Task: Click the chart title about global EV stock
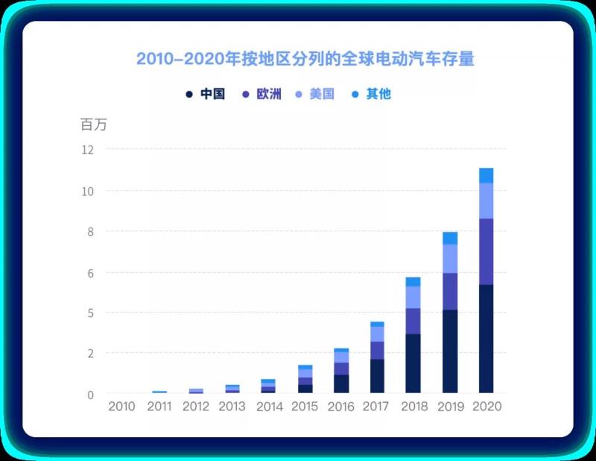[x=305, y=59]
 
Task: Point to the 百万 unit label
[x=94, y=125]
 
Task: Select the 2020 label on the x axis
[x=487, y=407]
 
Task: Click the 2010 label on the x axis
[x=122, y=407]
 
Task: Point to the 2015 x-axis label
[x=305, y=407]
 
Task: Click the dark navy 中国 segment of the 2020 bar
[x=486, y=339]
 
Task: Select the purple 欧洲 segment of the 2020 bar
[x=486, y=251]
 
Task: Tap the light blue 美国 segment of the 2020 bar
[x=486, y=201]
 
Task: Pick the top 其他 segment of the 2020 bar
[x=486, y=175]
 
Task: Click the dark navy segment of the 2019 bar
[x=450, y=351]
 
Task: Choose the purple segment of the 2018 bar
[x=413, y=321]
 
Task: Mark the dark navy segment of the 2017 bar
[x=377, y=376]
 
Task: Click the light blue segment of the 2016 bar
[x=341, y=357]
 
